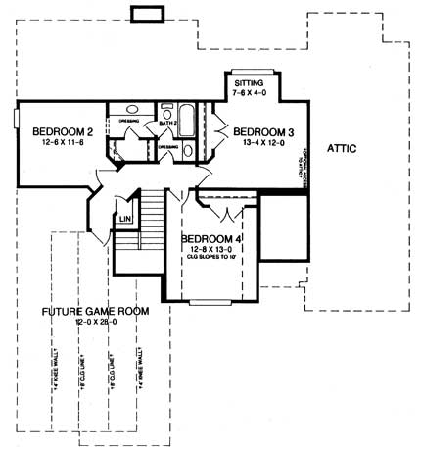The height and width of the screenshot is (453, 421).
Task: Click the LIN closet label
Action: pos(124,219)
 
